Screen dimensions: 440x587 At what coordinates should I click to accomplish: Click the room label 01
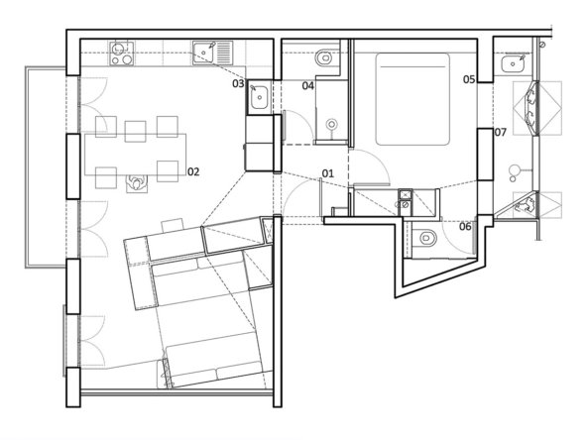(x=327, y=174)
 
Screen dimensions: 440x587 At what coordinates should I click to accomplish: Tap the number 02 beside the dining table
(x=193, y=171)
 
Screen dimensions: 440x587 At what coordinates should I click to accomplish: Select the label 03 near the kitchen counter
(x=238, y=84)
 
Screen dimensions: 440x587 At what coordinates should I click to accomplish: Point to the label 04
(x=308, y=86)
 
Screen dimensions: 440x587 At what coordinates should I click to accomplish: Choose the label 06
(x=465, y=227)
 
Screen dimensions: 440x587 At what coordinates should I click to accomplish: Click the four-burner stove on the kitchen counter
(x=121, y=53)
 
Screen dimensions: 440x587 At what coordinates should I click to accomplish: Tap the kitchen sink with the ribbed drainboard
(x=211, y=51)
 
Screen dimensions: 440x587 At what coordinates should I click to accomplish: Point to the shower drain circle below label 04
(x=333, y=126)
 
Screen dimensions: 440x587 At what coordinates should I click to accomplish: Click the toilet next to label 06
(x=423, y=239)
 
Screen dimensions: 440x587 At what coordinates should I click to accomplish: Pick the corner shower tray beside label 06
(x=525, y=206)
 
